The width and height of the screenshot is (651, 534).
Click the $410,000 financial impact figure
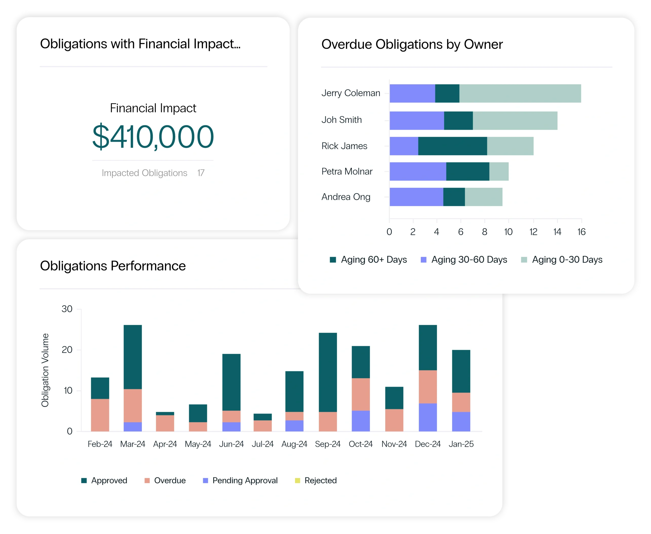click(153, 137)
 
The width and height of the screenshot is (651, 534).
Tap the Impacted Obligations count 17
click(201, 173)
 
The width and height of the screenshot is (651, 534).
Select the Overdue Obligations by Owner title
click(412, 44)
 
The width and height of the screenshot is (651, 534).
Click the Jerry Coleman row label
click(351, 93)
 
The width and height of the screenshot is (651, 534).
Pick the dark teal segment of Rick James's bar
click(452, 146)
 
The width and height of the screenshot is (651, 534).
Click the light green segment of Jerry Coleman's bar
click(520, 93)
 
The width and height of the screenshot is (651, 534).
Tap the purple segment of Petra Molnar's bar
click(418, 171)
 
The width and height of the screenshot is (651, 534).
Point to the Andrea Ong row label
click(346, 197)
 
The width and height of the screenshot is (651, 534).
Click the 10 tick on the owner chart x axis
click(508, 232)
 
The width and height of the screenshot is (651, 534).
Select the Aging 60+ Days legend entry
click(368, 260)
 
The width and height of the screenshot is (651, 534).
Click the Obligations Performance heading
click(113, 266)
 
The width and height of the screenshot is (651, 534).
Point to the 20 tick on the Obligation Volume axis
click(67, 350)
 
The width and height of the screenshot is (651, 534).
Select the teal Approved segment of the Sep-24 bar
click(328, 372)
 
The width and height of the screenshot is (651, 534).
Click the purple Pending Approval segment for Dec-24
click(427, 417)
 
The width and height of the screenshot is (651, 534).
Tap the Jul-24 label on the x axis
click(262, 444)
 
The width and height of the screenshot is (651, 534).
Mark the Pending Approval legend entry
click(240, 481)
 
